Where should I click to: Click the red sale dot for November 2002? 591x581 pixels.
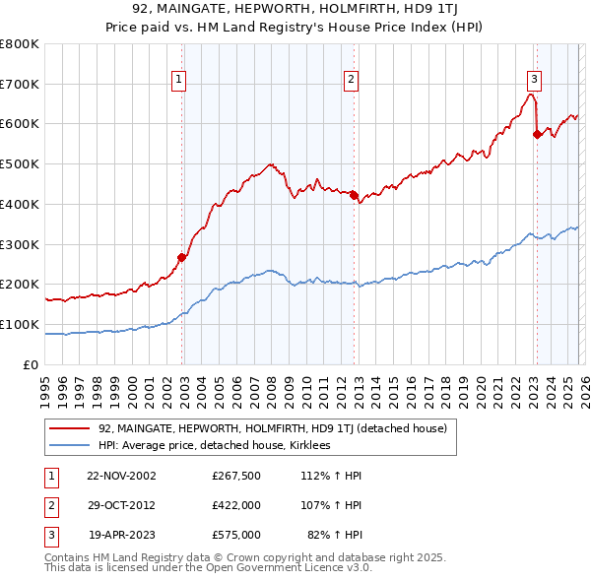[x=182, y=258]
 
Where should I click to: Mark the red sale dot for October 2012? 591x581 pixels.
[x=354, y=195]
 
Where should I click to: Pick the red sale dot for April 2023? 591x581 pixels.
[x=537, y=134]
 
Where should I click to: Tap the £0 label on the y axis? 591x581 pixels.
[x=32, y=364]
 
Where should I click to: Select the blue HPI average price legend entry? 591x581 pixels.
[x=214, y=445]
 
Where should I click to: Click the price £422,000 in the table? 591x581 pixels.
[x=235, y=505]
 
